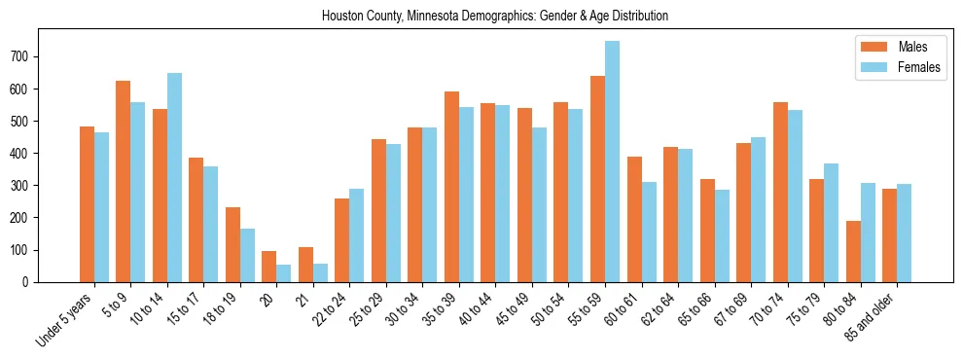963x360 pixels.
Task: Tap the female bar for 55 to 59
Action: pos(612,162)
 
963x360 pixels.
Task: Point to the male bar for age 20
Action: pos(268,267)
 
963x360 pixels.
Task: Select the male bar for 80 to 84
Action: pos(853,251)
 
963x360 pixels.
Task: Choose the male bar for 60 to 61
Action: pos(634,219)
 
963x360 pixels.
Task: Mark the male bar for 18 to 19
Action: pos(232,244)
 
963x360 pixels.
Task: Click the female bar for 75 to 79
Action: pos(831,223)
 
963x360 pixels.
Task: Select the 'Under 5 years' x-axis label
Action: pos(66,321)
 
